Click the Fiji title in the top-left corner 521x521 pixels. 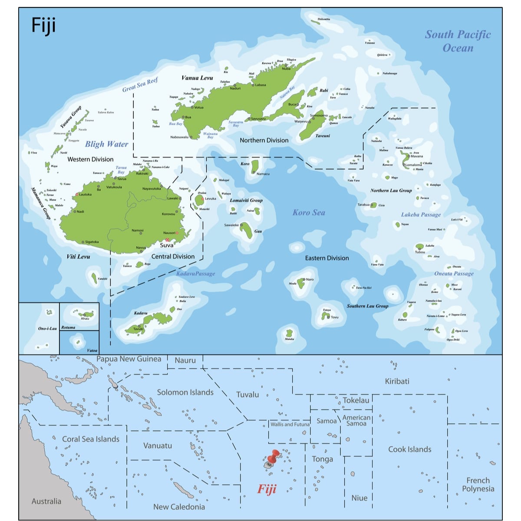click(43, 26)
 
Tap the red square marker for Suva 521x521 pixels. click(167, 240)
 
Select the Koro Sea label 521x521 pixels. click(309, 212)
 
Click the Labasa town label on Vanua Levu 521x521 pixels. click(260, 85)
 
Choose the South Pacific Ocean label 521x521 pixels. click(458, 41)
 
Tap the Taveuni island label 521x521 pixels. click(323, 136)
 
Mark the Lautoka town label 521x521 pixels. click(85, 195)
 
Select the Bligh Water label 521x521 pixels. click(106, 144)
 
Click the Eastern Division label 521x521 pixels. click(327, 258)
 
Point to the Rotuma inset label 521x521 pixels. click(68, 327)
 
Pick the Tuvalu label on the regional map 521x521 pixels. click(247, 395)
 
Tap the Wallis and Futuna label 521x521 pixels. click(290, 424)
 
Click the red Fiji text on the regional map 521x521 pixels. click(267, 489)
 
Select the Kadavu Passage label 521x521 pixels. click(195, 274)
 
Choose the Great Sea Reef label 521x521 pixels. click(140, 84)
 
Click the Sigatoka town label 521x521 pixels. click(92, 242)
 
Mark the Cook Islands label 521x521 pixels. click(409, 449)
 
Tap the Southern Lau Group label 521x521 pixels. click(367, 306)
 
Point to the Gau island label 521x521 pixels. click(258, 231)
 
